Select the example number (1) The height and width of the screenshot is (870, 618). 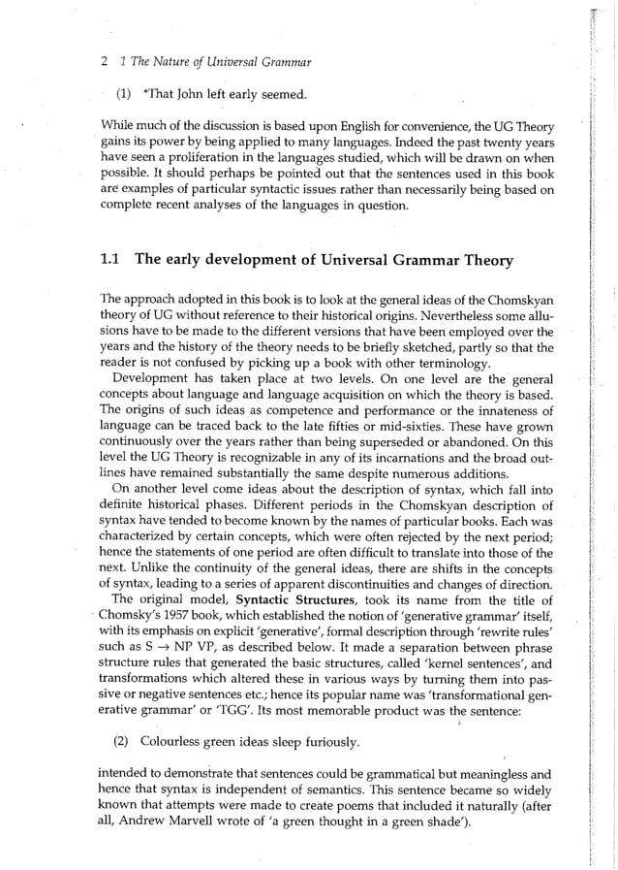124,94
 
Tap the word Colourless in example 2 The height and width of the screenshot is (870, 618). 172,743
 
